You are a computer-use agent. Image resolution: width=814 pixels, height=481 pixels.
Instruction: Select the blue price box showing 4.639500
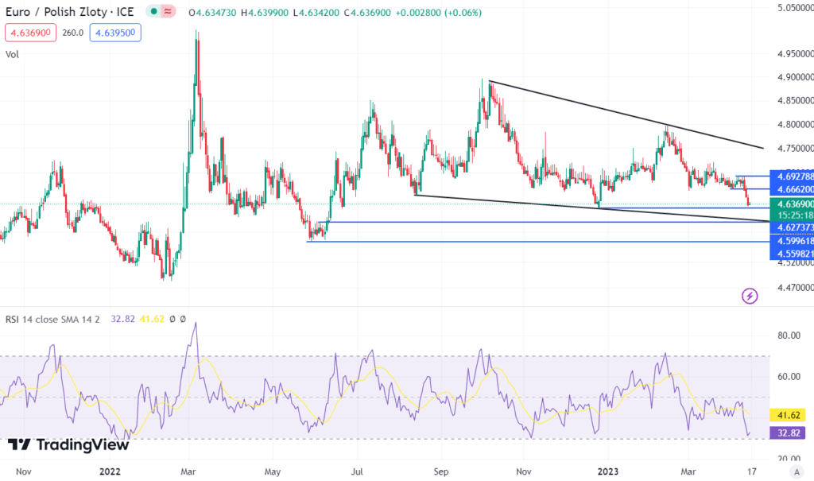pyautogui.click(x=114, y=33)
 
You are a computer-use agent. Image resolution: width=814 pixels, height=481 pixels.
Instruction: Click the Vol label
pyautogui.click(x=12, y=54)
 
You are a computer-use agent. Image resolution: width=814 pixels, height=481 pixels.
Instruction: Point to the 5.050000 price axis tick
pyautogui.click(x=792, y=8)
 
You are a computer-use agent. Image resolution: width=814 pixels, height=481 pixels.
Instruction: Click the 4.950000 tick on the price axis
pyautogui.click(x=792, y=54)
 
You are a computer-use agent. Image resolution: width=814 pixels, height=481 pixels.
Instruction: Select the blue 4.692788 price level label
pyautogui.click(x=792, y=176)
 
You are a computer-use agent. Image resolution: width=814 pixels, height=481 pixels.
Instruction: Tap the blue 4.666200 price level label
pyautogui.click(x=792, y=190)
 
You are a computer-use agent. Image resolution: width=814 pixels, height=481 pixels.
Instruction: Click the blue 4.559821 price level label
pyautogui.click(x=792, y=254)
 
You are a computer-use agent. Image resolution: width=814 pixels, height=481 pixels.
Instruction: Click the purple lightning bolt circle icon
pyautogui.click(x=750, y=296)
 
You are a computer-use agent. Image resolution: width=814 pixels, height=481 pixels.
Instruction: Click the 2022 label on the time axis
pyautogui.click(x=110, y=471)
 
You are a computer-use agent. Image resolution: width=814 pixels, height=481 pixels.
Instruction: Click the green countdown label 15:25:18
pyautogui.click(x=792, y=215)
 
